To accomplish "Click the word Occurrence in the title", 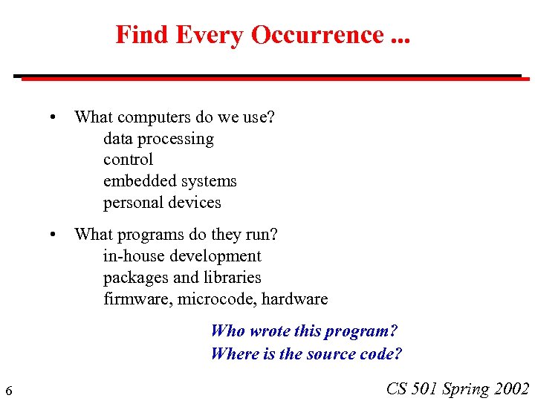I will coord(317,35).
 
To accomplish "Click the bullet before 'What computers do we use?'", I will coord(53,117).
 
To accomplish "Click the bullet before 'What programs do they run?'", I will coord(53,235).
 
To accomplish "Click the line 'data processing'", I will coord(158,139).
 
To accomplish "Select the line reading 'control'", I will coord(128,160).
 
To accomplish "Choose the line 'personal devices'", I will coord(162,203).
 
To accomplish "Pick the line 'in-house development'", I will coord(182,256).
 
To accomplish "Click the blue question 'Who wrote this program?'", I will coord(305,331).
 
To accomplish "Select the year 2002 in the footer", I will coord(510,388).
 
